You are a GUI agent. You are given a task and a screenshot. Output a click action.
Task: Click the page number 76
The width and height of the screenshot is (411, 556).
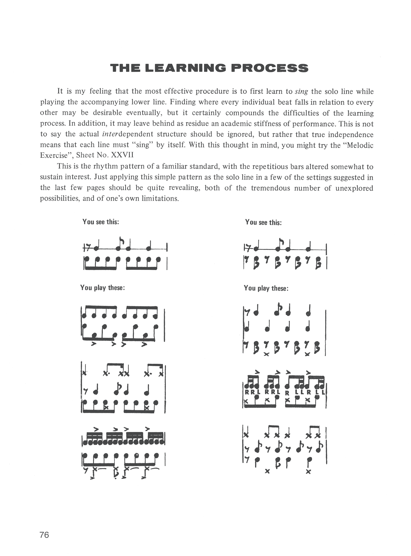pos(44,535)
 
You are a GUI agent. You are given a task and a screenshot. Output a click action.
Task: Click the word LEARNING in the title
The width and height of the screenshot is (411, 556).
pos(186,68)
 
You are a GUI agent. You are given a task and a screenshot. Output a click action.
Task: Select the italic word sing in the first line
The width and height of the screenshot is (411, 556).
pos(301,91)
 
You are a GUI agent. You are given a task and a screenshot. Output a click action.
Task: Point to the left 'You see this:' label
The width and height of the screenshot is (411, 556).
pos(101,222)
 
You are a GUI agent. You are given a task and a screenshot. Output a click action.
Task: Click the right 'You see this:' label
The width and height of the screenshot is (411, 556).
pos(263,222)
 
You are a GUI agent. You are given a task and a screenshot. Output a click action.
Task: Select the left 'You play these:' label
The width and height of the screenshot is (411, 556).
pos(102,288)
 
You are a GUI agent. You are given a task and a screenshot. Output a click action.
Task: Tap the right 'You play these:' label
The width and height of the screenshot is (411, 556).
pos(266,288)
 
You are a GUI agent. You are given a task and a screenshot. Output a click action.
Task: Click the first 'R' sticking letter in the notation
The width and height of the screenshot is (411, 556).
pos(247,392)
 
